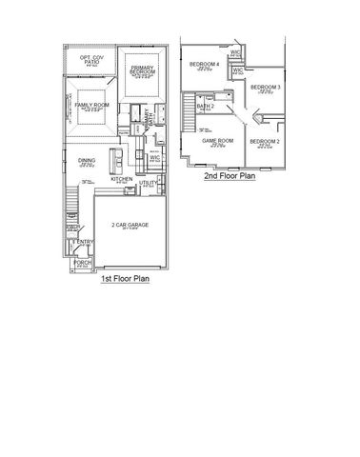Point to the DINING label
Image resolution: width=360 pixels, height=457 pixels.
click(x=86, y=161)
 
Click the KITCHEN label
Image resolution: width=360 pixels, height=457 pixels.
click(x=121, y=179)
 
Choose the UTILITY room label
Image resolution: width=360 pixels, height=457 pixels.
click(x=148, y=182)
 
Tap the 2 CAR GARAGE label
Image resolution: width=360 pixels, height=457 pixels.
click(x=131, y=224)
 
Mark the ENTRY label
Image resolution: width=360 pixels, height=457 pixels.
click(x=78, y=244)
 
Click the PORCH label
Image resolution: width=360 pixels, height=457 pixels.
click(x=81, y=261)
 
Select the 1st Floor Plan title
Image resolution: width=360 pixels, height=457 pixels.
click(x=123, y=281)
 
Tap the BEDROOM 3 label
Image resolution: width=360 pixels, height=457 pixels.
click(x=265, y=87)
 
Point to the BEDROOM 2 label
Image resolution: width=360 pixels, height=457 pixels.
click(x=265, y=141)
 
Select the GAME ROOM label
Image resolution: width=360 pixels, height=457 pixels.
click(x=217, y=141)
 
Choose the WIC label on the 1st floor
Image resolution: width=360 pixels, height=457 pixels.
click(x=154, y=158)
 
